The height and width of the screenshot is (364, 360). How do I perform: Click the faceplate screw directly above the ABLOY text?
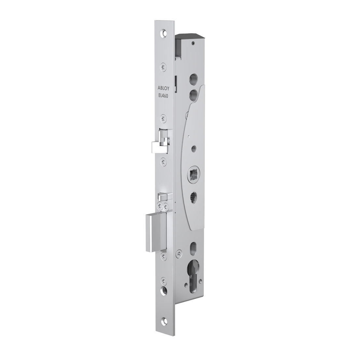point(163,66)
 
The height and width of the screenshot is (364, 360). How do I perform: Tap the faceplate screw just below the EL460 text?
point(163,119)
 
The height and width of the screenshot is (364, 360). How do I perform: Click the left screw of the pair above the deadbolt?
point(160,206)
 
